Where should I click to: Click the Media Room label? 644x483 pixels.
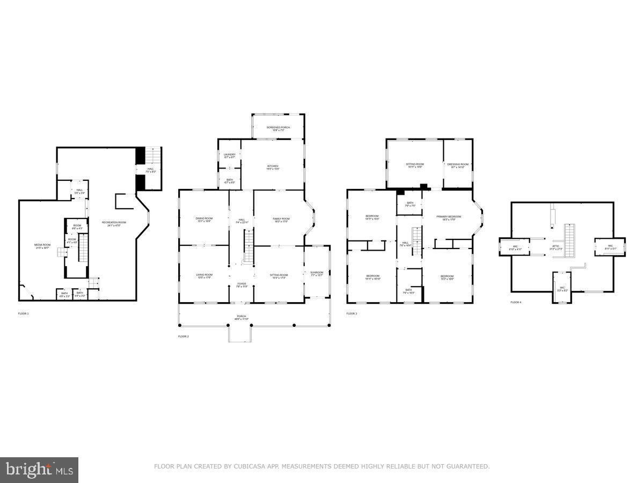tap(41, 246)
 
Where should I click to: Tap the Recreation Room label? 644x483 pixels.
tap(115, 223)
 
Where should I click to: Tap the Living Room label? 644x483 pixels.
tap(204, 276)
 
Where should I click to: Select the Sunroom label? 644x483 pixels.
tap(317, 274)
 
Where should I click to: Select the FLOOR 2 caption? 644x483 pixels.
tap(184, 336)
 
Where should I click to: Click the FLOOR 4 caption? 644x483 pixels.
tap(516, 302)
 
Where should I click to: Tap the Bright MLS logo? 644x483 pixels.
tap(39, 470)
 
